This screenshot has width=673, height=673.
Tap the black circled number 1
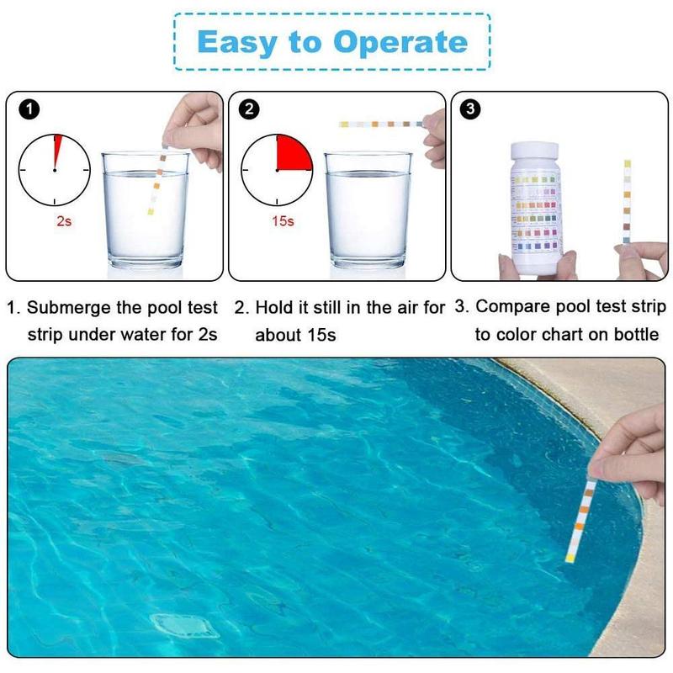[x=29, y=109]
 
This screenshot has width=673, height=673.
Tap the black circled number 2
[x=252, y=109]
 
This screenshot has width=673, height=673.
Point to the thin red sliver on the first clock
[x=56, y=151]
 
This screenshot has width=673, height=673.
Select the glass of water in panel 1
[x=145, y=210]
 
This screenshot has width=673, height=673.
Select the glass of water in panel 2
[x=368, y=210]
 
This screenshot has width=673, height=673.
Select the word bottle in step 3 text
[x=637, y=334]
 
